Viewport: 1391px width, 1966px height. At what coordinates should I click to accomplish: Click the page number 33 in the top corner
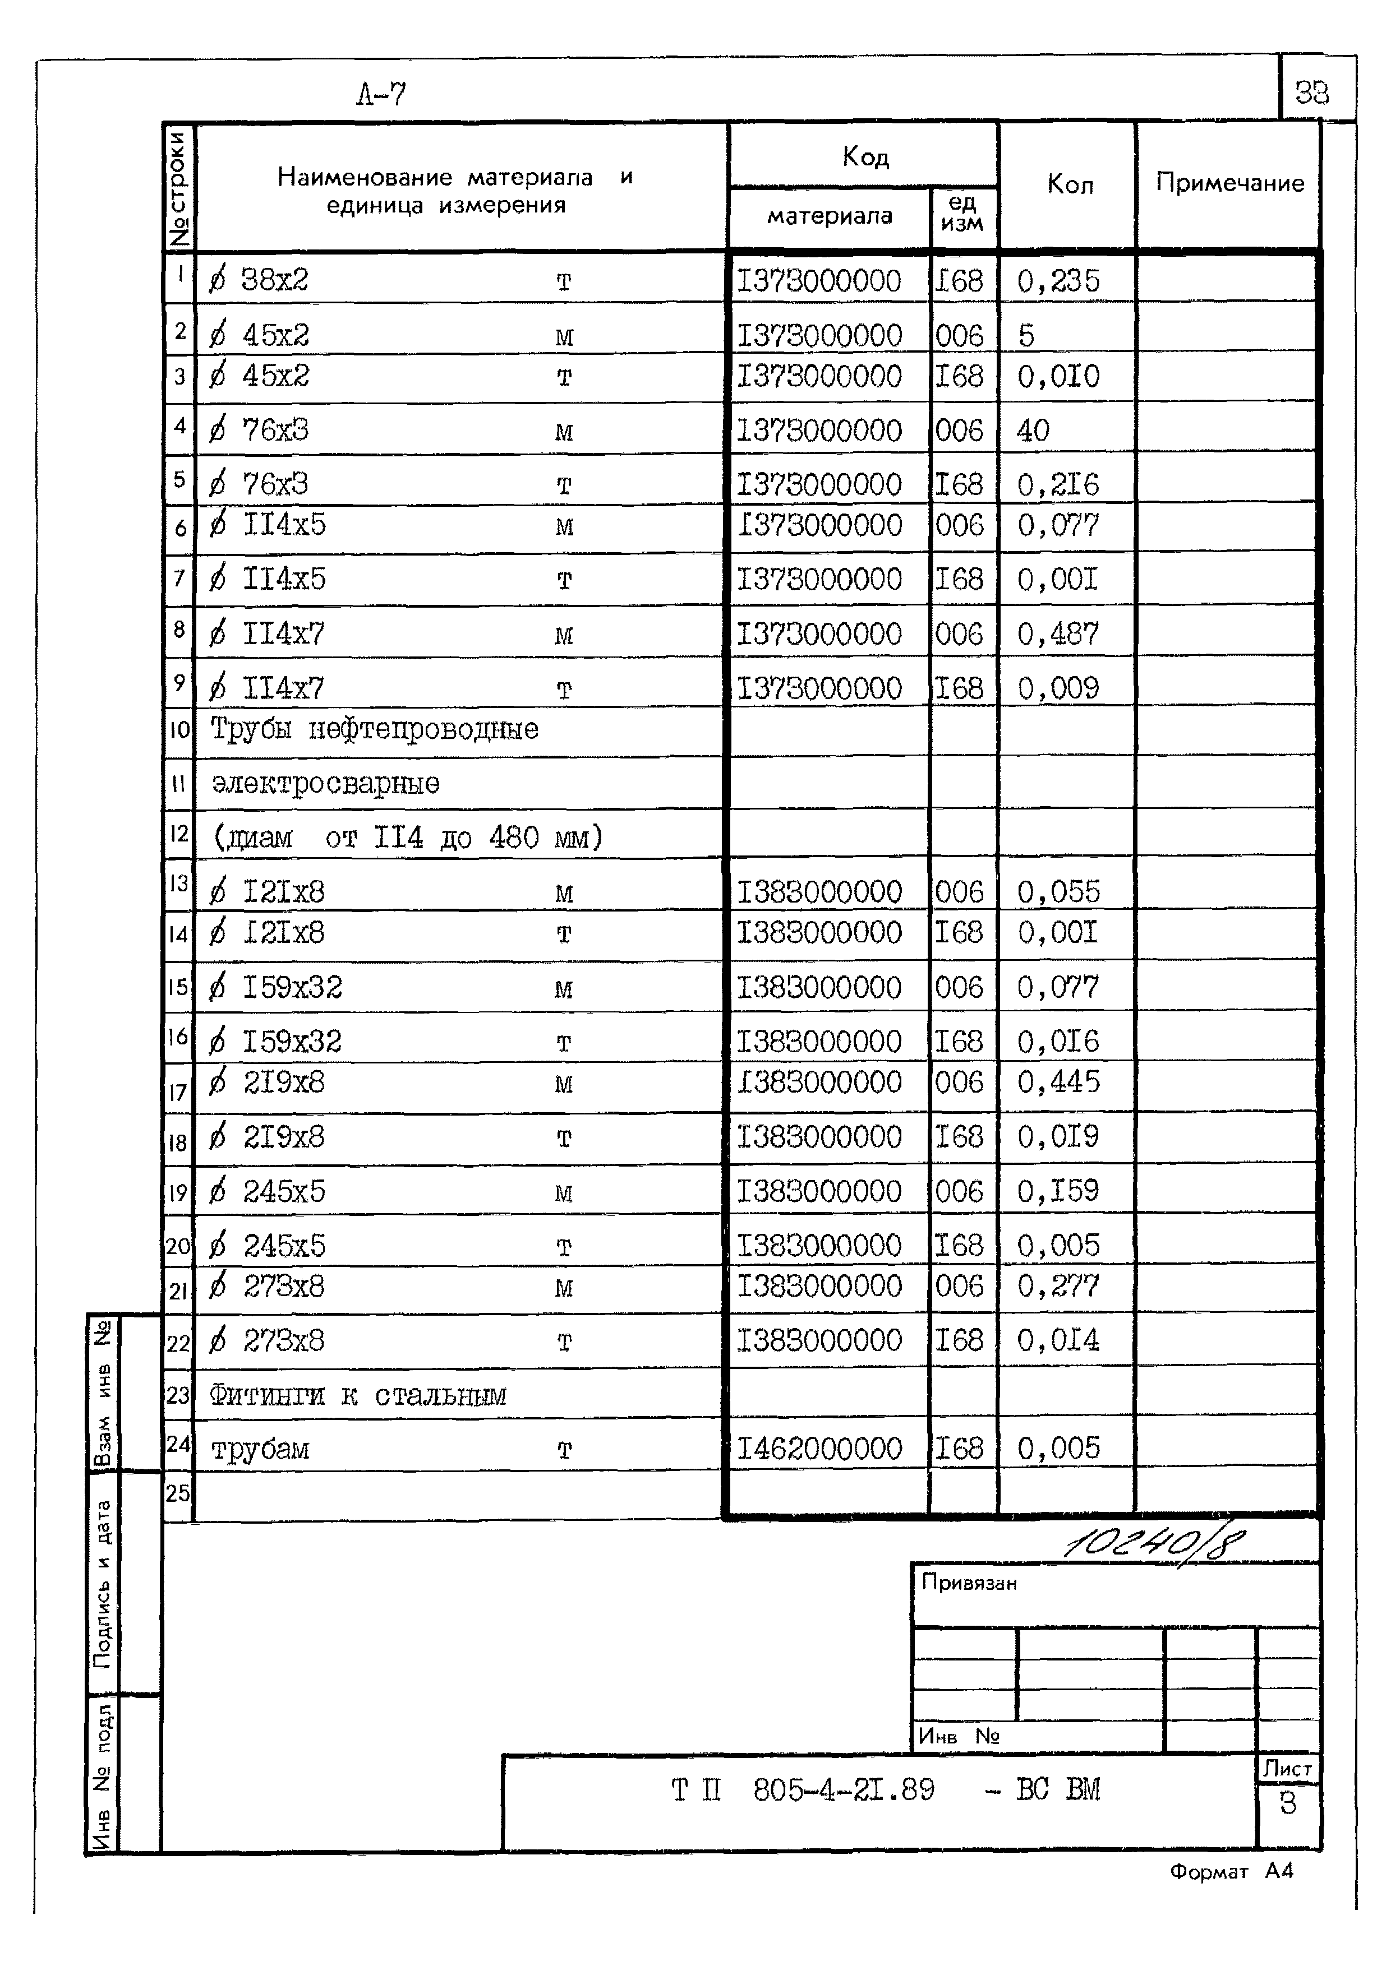click(x=1311, y=92)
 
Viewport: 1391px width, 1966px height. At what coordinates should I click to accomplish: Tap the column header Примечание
click(x=1229, y=183)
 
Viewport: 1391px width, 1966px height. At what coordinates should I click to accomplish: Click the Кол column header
click(x=1070, y=185)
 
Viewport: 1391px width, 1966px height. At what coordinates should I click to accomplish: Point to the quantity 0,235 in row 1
click(x=1058, y=281)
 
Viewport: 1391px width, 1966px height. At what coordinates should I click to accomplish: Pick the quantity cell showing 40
click(x=1033, y=430)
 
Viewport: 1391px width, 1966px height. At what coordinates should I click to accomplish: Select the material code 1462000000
click(x=819, y=1448)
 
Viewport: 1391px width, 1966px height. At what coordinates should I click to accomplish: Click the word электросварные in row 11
click(x=325, y=784)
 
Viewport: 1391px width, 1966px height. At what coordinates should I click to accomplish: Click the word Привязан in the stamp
click(x=969, y=1583)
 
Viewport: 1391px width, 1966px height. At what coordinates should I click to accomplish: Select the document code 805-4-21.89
click(x=844, y=1789)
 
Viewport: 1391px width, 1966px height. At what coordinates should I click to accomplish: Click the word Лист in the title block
click(x=1287, y=1768)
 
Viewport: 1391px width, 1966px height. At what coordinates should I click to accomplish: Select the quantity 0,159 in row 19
click(x=1058, y=1190)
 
